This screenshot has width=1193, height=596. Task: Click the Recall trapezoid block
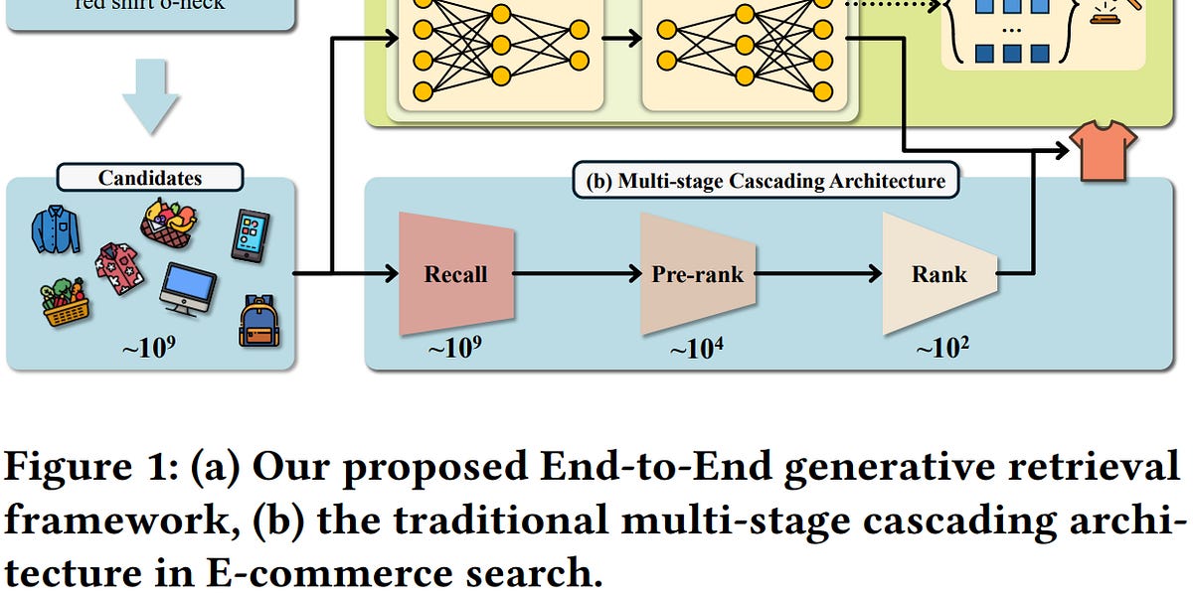pos(456,273)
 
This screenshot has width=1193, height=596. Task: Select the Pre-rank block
pos(697,273)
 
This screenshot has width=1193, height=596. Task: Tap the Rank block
pos(939,273)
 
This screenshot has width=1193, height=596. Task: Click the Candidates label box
pos(150,179)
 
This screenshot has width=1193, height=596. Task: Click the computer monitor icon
pos(188,288)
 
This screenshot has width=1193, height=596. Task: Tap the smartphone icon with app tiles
pos(250,235)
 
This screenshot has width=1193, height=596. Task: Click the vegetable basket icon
pos(65,303)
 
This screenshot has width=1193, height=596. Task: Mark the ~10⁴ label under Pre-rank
pos(697,350)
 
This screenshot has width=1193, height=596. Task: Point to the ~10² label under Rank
pos(939,350)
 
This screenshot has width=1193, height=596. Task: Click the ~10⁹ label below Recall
pos(456,350)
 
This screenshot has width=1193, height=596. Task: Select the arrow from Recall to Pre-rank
pos(577,273)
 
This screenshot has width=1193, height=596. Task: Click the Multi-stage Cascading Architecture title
pos(766,181)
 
